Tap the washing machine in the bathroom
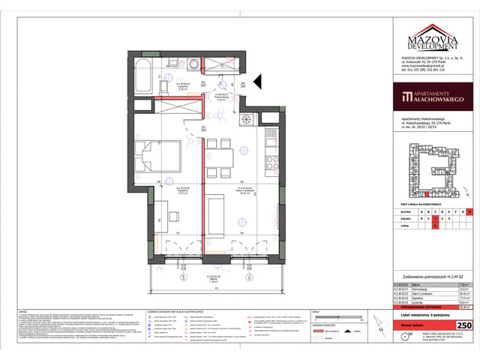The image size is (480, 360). [193, 64]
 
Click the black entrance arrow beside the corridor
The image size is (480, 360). [256, 78]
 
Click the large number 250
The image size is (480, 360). [464, 324]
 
